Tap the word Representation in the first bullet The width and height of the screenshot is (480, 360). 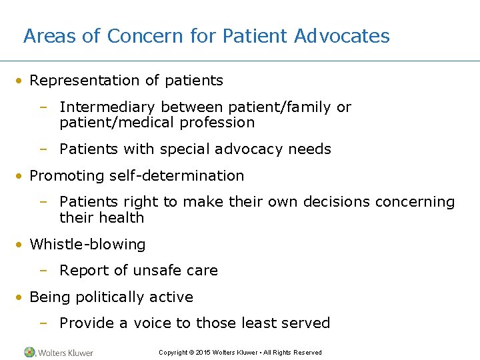[x=85, y=81]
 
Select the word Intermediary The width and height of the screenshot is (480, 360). [x=107, y=107]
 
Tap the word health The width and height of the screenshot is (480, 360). [x=123, y=218]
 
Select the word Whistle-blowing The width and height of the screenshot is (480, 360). [x=87, y=245]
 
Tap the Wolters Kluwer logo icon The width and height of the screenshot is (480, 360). [x=30, y=352]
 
